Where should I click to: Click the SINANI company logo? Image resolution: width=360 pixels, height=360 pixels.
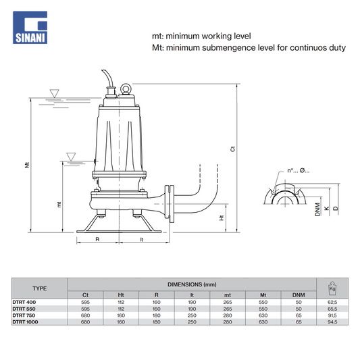tap(30, 27)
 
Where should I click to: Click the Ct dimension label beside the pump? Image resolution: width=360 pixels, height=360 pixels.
tap(232, 149)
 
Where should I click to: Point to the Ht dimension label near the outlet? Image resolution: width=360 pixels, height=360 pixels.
tap(222, 217)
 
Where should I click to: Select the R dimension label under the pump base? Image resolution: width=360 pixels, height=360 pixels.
tap(97, 239)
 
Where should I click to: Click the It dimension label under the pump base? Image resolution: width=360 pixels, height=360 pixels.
tap(142, 240)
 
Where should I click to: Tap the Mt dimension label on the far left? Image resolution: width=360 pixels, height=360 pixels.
tap(27, 165)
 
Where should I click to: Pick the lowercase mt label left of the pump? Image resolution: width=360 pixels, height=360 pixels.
tap(59, 205)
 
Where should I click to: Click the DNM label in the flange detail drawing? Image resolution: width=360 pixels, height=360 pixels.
tap(317, 209)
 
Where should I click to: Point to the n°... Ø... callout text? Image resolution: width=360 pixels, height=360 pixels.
tap(299, 171)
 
